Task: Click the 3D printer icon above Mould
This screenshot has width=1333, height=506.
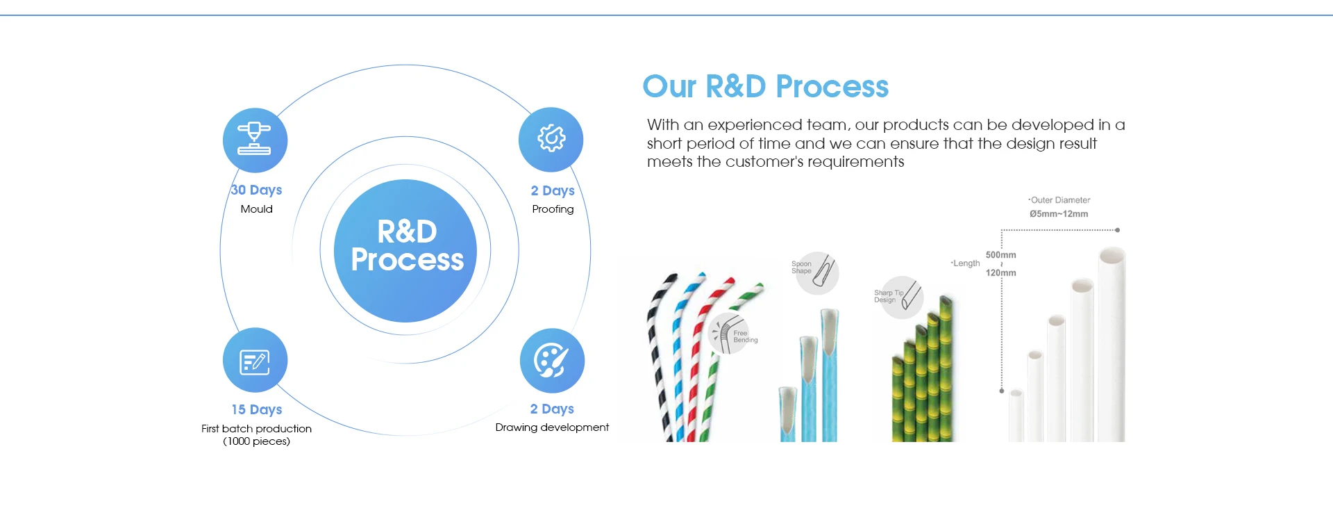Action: tap(255, 140)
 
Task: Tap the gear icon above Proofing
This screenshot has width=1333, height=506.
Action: tap(551, 139)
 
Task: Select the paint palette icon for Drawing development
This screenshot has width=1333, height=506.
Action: tap(552, 360)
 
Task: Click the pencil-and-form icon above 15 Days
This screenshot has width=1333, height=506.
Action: tap(255, 360)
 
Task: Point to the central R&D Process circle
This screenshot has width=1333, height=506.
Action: tap(405, 250)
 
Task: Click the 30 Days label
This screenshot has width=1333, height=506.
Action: tap(256, 190)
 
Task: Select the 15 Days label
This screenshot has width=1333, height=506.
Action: tap(256, 409)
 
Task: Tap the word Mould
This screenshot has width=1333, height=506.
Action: tap(256, 209)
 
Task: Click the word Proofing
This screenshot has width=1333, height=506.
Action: tap(553, 209)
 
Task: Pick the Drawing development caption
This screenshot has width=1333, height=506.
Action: tap(552, 427)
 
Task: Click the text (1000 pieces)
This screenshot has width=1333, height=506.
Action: tap(256, 441)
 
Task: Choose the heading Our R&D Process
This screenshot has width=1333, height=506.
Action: tap(765, 87)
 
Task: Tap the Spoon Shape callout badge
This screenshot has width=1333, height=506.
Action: tap(816, 272)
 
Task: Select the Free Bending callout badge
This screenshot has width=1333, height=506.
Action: tap(733, 334)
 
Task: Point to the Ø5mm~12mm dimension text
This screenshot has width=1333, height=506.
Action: tap(1059, 214)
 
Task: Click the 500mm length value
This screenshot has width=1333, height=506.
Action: tap(1000, 255)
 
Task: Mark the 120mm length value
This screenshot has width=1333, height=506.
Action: tap(1000, 273)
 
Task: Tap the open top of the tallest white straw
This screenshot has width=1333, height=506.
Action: tap(1112, 255)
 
